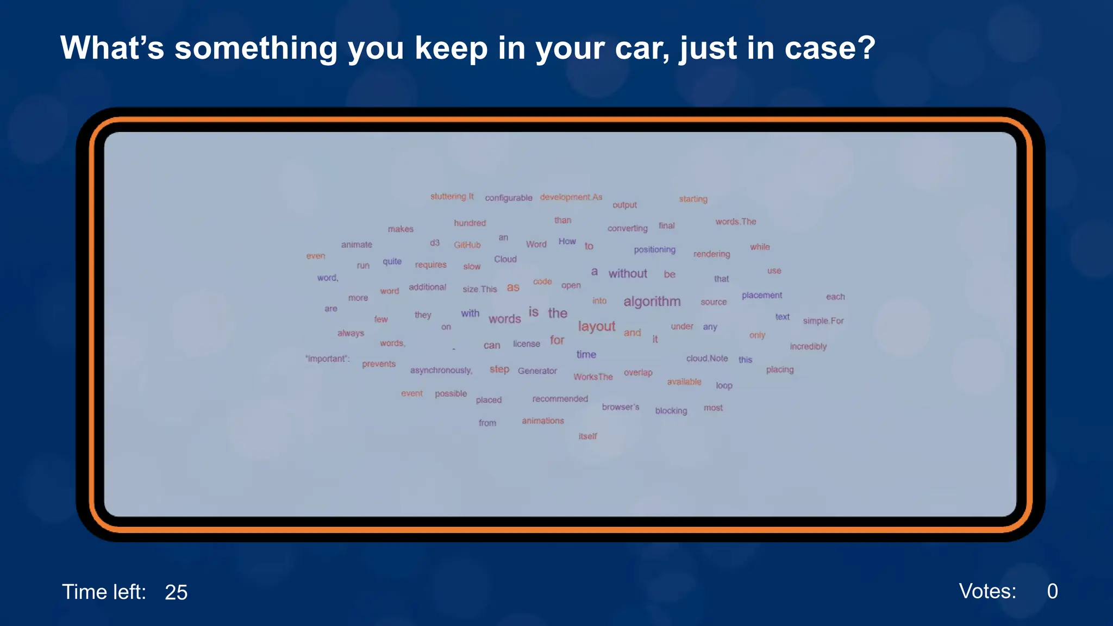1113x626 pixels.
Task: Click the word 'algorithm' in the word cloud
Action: tap(652, 302)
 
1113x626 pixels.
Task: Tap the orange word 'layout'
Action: tap(596, 326)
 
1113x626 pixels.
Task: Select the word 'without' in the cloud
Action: tap(628, 274)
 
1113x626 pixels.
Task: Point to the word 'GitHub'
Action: tap(467, 245)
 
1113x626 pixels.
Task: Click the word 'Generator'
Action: tap(537, 371)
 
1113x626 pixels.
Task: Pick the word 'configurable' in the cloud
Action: tap(508, 198)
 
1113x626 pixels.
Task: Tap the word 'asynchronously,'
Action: tap(441, 371)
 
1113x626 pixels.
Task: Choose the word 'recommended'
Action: tap(560, 399)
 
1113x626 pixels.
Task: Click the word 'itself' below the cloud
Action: tap(587, 436)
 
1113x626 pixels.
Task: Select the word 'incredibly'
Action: tap(808, 347)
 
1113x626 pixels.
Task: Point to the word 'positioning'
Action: tap(654, 250)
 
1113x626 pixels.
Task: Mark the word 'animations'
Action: tap(542, 421)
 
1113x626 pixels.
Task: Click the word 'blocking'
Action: tap(671, 411)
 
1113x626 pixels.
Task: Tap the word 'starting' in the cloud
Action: tap(693, 199)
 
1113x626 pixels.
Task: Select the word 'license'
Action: tap(526, 344)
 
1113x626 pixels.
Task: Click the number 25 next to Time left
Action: tap(176, 592)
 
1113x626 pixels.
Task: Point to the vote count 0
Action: tap(1052, 591)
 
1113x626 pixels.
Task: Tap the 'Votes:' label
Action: tap(987, 591)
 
